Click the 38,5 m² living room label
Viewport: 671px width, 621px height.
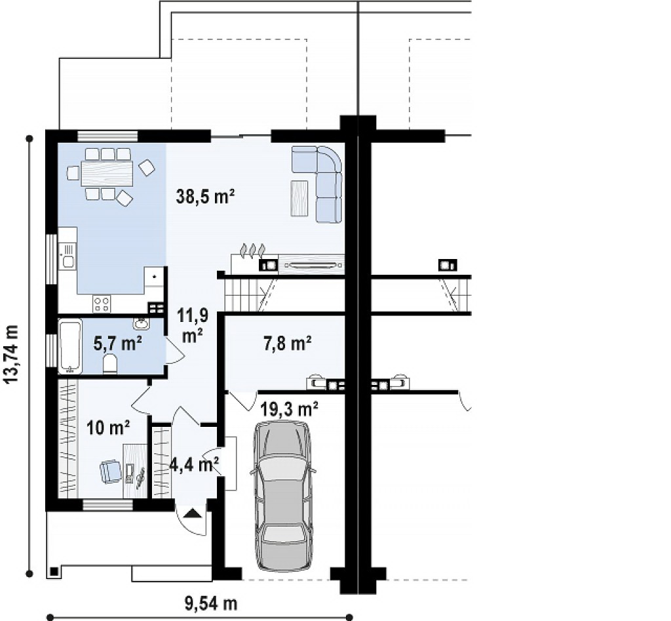(x=205, y=197)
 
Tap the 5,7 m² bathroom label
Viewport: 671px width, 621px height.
(x=118, y=343)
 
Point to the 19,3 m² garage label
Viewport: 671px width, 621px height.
(x=289, y=409)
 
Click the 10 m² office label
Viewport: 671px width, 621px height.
(x=108, y=427)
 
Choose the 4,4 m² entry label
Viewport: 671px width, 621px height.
(x=195, y=464)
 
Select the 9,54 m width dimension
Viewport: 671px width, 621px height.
(x=210, y=604)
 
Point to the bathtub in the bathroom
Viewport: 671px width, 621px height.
(x=69, y=346)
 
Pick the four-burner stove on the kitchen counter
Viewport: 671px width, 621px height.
(x=102, y=304)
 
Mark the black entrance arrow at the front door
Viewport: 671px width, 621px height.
(x=193, y=513)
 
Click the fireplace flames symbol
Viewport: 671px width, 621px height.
(x=252, y=250)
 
